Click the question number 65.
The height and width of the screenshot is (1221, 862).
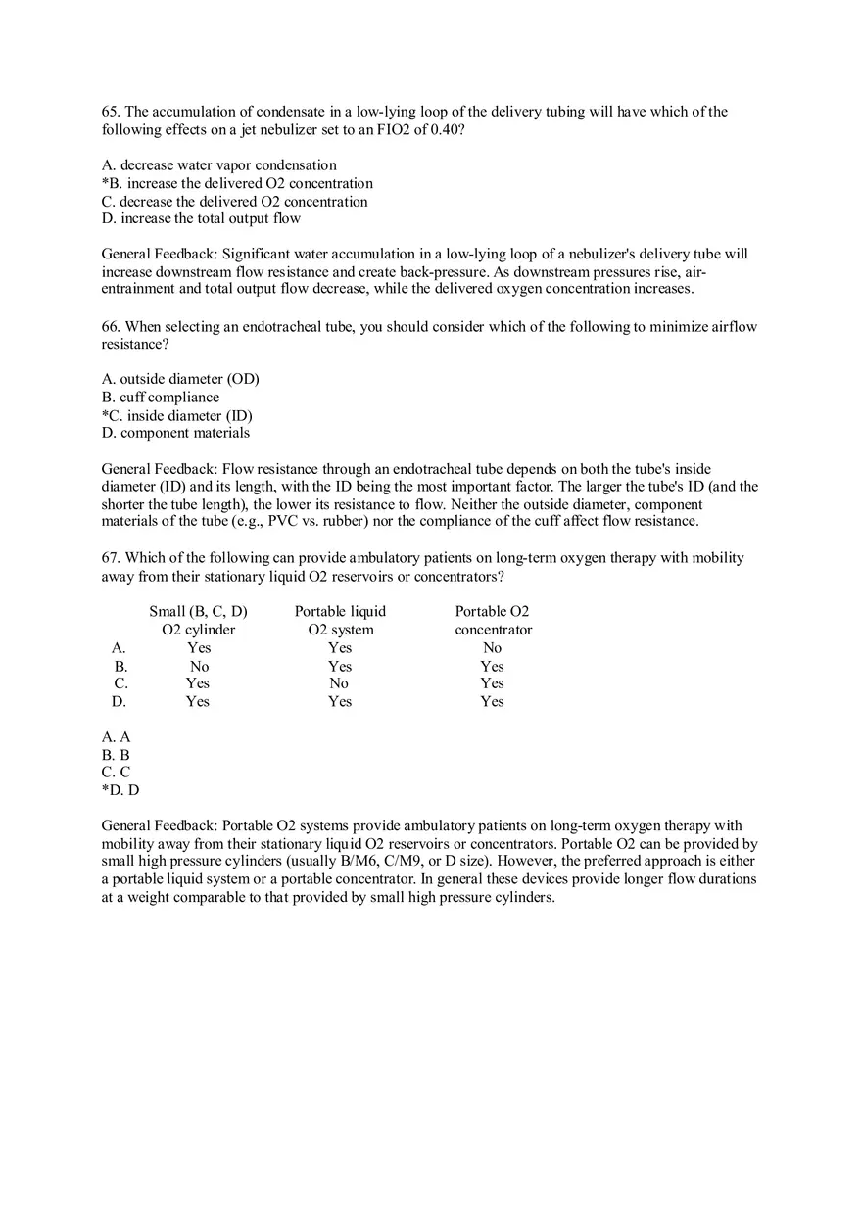[x=110, y=112]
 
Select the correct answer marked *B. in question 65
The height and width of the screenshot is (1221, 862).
[x=237, y=183]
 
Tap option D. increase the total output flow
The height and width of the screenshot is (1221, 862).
[x=201, y=218]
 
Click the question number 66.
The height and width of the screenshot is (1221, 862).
[x=110, y=327]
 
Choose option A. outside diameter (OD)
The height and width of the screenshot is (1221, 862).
[x=180, y=379]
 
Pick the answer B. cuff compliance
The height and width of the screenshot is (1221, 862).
[x=161, y=397]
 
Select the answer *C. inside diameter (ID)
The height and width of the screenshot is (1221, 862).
[x=176, y=415]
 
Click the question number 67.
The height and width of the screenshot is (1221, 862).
[x=110, y=558]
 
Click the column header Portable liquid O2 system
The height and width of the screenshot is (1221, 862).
[x=340, y=620]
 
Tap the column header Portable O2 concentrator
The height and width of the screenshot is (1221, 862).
[x=493, y=620]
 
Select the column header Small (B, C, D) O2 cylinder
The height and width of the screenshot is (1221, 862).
[x=198, y=620]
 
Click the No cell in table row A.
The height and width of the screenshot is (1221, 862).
[x=492, y=647]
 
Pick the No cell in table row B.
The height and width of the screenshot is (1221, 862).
[x=199, y=666]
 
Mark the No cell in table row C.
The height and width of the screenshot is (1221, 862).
[x=339, y=683]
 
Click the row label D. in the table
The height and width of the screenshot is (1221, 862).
[x=119, y=701]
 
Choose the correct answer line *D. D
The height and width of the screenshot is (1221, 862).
[x=120, y=790]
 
